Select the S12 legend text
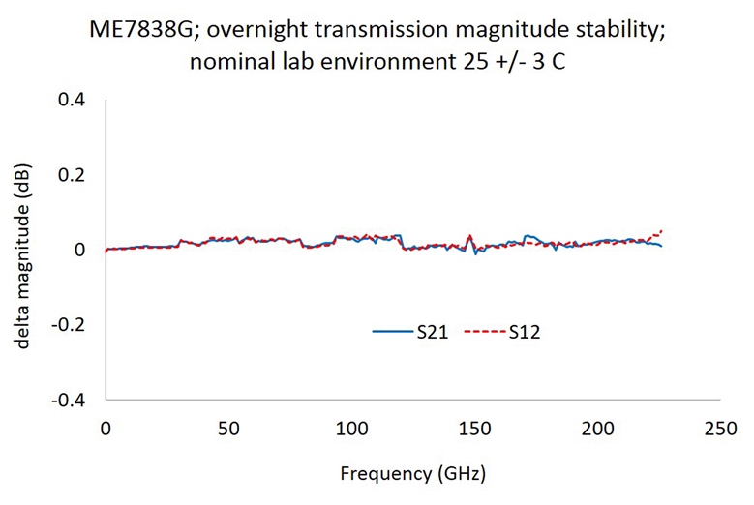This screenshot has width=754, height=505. coord(523,332)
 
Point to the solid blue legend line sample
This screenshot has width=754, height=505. coord(393,332)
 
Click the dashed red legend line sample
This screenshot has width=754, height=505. coord(485,332)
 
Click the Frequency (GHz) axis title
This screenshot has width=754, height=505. coord(412,474)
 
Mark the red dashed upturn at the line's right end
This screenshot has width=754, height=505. coord(660,232)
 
